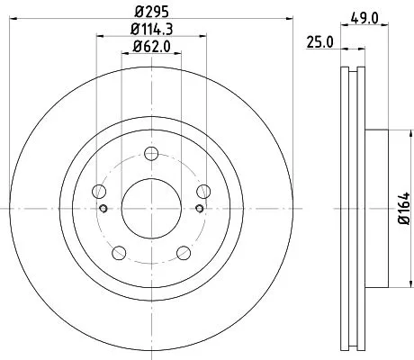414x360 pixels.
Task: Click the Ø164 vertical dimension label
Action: [x=403, y=209]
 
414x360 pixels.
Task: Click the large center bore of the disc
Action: [x=150, y=209]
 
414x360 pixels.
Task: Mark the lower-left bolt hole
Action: [x=118, y=251]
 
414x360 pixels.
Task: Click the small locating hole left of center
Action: [x=104, y=210]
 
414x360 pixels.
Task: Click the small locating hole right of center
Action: [x=197, y=210]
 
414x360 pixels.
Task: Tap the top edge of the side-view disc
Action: [x=352, y=70]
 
